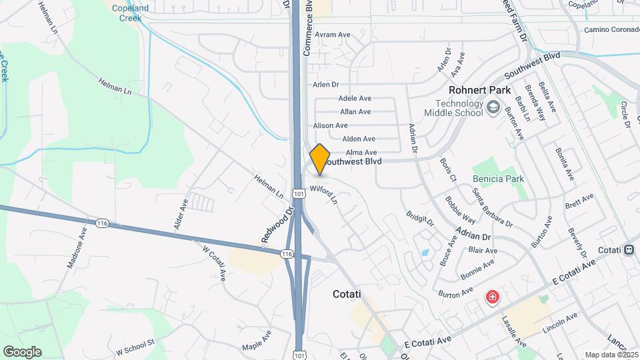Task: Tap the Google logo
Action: point(22,352)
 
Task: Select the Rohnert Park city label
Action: point(479,90)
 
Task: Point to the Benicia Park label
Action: point(498,179)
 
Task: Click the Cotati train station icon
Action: point(629,250)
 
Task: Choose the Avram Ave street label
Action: point(333,35)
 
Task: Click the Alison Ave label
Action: point(330,125)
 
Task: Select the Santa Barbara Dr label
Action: point(492,209)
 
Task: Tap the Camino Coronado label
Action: point(610,30)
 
